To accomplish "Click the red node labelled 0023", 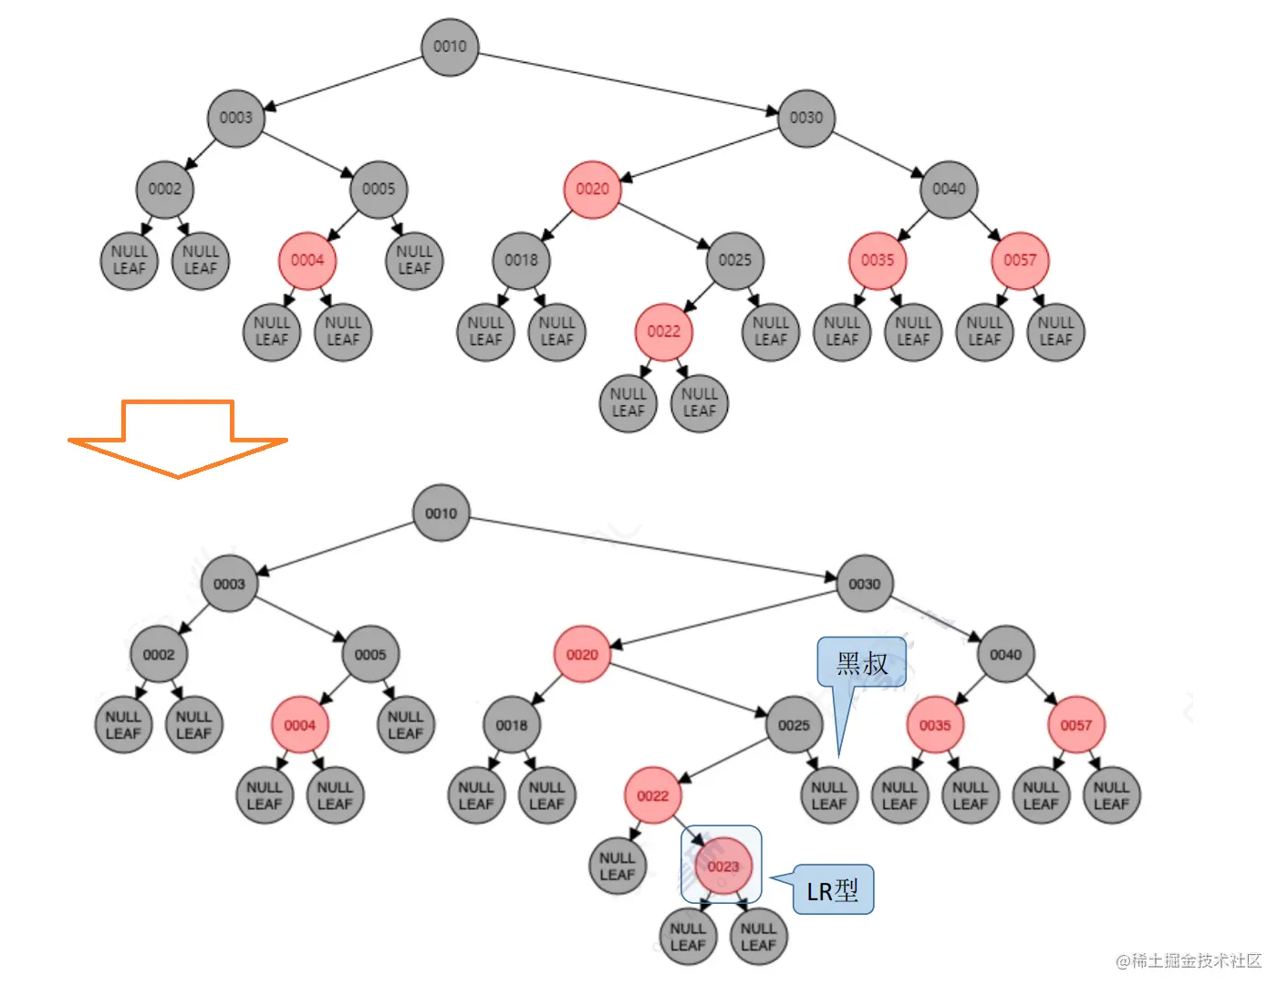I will (x=722, y=866).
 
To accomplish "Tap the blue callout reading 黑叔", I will (x=861, y=663).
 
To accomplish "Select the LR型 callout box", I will (x=833, y=889).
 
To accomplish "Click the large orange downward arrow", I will (x=178, y=438).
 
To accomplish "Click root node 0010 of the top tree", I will (x=450, y=47).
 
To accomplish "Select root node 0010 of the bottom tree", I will (x=441, y=514).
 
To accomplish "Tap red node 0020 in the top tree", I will (x=592, y=189).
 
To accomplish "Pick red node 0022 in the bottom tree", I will (x=652, y=795).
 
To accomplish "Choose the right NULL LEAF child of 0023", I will (x=758, y=937).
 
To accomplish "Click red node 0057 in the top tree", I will (x=1020, y=260).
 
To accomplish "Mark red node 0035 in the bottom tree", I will (x=935, y=725).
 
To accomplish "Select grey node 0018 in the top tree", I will (x=521, y=260).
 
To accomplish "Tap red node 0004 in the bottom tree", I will (x=299, y=725).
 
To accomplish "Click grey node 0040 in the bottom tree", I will (x=1005, y=654).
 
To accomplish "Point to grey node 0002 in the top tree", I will (x=165, y=189).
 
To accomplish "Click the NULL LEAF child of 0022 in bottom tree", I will (x=617, y=866).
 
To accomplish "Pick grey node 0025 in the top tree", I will (x=734, y=260).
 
